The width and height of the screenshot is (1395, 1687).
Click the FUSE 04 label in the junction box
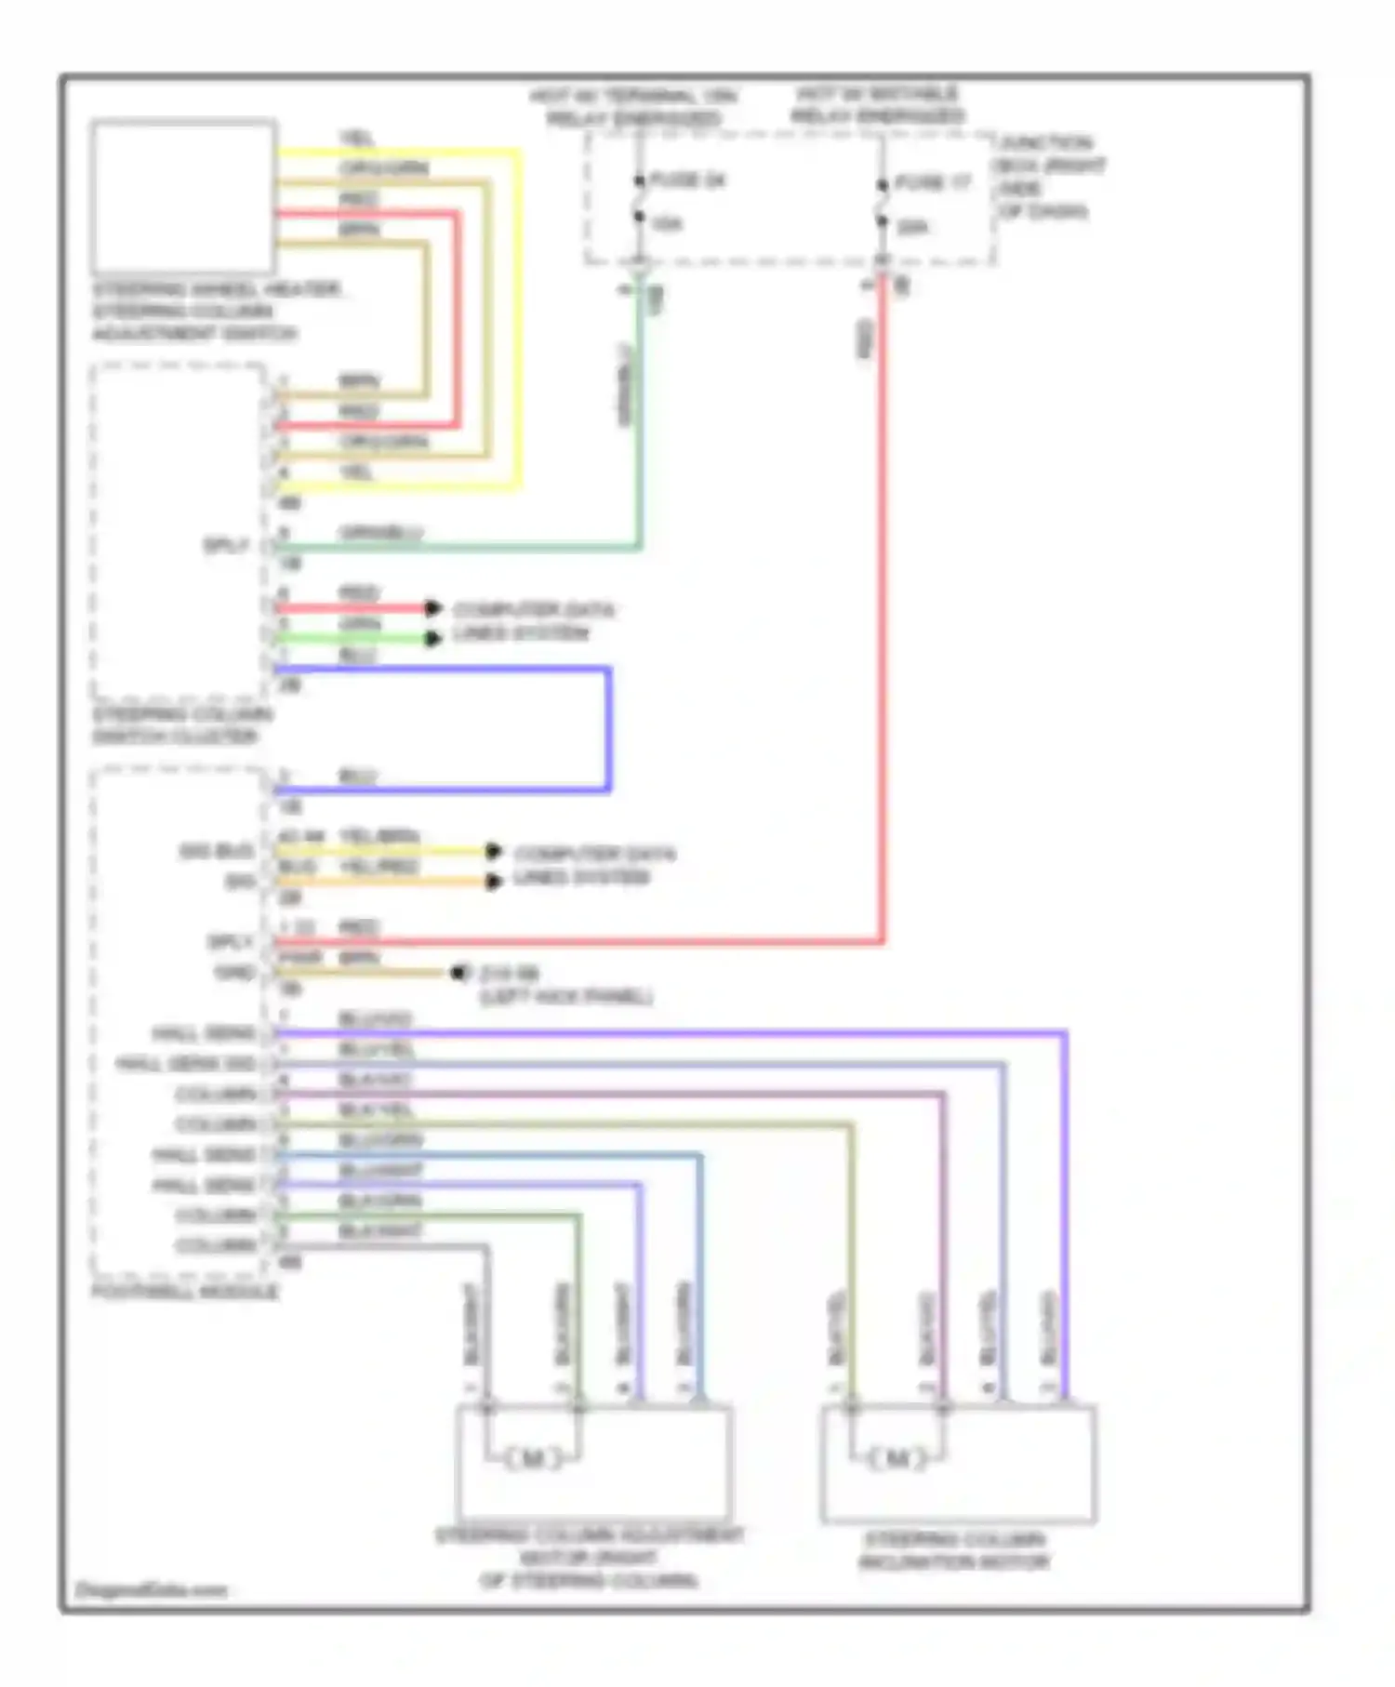pos(686,180)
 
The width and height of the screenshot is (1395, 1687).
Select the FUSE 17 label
pos(933,183)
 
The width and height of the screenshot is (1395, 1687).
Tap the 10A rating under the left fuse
pos(666,224)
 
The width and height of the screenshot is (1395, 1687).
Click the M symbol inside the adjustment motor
pos(533,1458)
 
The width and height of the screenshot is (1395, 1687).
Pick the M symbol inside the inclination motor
pos(897,1457)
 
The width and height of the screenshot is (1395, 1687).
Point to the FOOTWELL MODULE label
pos(184,1292)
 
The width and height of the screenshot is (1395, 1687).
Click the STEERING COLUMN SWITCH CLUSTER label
pos(181,725)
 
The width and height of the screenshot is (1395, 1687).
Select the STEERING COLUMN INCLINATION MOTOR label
pos(954,1551)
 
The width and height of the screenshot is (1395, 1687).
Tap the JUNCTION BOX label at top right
pos(1049,177)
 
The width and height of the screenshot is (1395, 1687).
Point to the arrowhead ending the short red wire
pos(432,608)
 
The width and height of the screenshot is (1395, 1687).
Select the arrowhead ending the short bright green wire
pos(432,638)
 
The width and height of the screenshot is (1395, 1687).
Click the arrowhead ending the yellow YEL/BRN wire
pos(494,851)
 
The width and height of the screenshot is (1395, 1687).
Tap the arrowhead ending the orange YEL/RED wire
pos(494,881)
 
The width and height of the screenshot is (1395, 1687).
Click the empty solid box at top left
pos(183,196)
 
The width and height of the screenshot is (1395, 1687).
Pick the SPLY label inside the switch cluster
pos(226,545)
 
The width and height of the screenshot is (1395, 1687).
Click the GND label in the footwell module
pos(233,972)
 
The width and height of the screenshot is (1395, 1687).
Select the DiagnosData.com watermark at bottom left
pos(150,1589)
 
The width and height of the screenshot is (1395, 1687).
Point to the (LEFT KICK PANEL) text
pos(565,997)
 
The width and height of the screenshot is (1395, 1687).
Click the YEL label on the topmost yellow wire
pos(356,139)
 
